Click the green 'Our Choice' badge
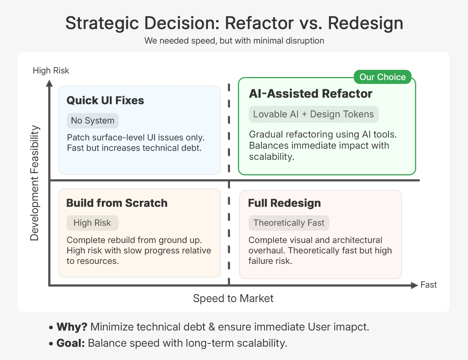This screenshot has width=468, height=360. click(382, 77)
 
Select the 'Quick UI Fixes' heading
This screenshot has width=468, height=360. click(105, 100)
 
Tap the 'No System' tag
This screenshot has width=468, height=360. click(93, 121)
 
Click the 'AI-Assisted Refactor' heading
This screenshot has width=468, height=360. click(311, 94)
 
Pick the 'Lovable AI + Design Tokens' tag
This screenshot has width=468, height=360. click(313, 114)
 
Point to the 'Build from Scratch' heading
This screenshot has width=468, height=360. click(117, 203)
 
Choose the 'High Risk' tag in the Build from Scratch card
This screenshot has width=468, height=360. click(92, 223)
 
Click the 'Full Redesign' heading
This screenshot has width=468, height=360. click(284, 203)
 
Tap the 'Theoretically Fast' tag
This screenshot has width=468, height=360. click(289, 223)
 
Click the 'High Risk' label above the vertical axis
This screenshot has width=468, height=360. click(51, 71)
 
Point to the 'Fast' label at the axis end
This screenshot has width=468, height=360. click(428, 285)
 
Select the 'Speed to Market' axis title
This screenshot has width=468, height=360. click(233, 298)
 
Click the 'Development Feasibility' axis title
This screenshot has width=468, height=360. click(35, 183)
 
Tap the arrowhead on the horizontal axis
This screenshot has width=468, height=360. click(414, 285)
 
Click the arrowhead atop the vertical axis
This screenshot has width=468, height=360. click(50, 84)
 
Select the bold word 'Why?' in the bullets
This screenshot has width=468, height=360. click(72, 327)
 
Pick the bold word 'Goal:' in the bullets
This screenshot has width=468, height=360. click(71, 343)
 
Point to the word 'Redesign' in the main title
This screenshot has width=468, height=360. click(365, 23)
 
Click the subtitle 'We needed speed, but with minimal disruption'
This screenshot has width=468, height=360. click(234, 41)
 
